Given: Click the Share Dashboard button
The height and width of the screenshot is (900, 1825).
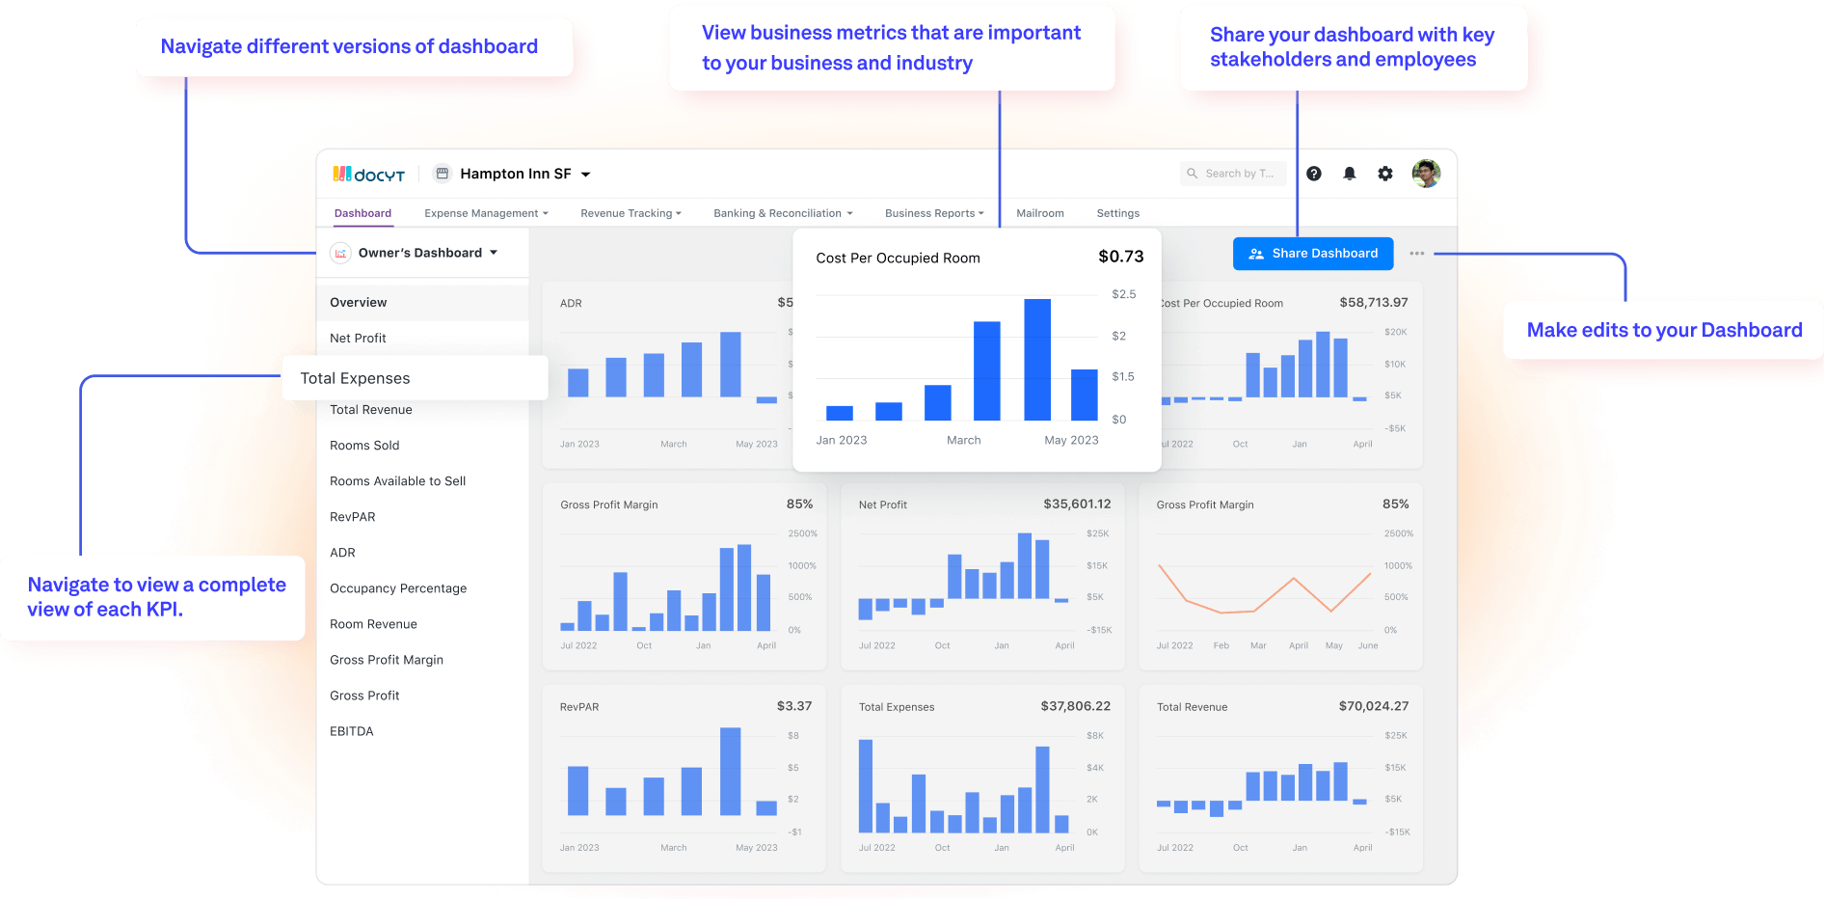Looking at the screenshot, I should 1313,254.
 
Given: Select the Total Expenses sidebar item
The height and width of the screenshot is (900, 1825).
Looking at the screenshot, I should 355,378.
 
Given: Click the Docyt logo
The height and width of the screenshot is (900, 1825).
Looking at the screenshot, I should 369,175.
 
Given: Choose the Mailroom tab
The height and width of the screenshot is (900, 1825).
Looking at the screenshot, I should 1039,213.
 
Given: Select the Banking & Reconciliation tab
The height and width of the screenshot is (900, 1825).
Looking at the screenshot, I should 783,213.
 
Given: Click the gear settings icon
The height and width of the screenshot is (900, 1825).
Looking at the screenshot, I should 1385,174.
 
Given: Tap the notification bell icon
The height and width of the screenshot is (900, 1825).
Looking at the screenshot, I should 1350,174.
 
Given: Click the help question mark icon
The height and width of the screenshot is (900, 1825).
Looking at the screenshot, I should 1314,174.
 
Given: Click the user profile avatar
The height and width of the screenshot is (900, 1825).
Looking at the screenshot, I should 1426,174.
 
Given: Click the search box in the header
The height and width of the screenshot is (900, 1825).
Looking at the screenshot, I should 1233,174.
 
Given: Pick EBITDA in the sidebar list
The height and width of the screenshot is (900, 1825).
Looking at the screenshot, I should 352,731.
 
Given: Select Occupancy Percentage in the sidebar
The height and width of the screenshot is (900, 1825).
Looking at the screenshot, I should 398,588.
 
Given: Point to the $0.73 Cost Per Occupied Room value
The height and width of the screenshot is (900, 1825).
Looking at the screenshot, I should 1120,257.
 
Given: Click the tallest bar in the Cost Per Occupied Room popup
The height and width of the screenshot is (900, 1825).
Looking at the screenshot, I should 1037,360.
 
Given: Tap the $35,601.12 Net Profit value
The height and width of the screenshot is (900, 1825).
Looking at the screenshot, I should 1077,504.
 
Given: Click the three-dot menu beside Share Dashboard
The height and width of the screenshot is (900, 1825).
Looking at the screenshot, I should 1416,254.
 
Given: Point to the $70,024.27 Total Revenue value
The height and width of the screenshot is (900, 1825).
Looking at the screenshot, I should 1373,706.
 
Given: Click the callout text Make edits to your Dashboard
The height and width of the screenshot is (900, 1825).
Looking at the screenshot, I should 1664,330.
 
